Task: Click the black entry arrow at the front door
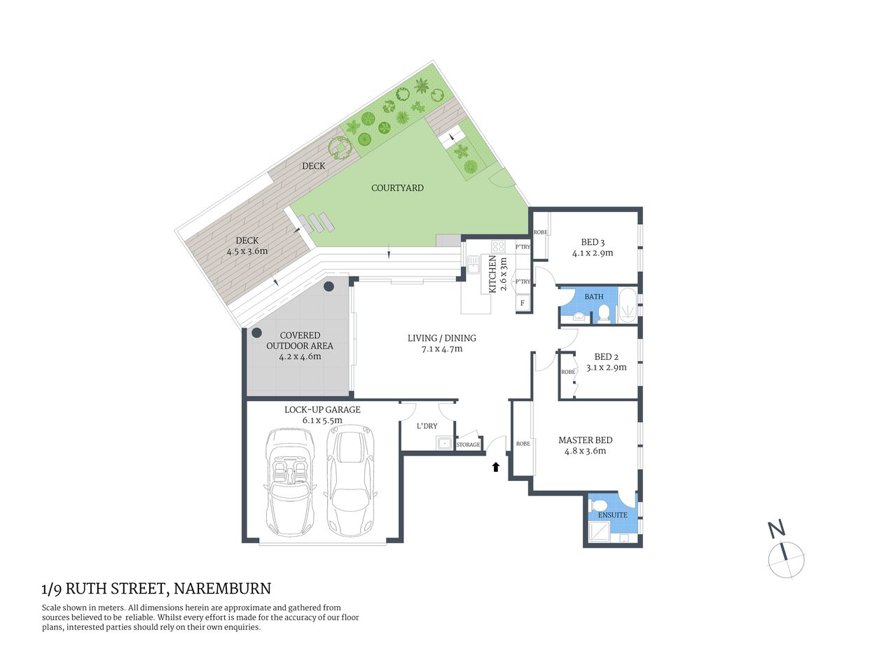[x=496, y=466]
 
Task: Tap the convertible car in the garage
[x=290, y=481]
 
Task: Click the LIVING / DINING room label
[x=441, y=338]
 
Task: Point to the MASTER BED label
[x=585, y=440]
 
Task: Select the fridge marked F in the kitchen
[x=522, y=303]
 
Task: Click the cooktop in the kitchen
[x=498, y=246]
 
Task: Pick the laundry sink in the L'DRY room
[x=443, y=443]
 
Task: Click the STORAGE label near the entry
[x=469, y=444]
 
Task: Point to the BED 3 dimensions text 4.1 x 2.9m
[x=593, y=253]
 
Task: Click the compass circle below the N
[x=787, y=560]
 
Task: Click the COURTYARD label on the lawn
[x=397, y=188]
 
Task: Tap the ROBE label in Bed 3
[x=540, y=232]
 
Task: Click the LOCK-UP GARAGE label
[x=322, y=409]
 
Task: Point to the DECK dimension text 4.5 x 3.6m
[x=247, y=251]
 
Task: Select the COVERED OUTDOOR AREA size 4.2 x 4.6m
[x=300, y=356]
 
